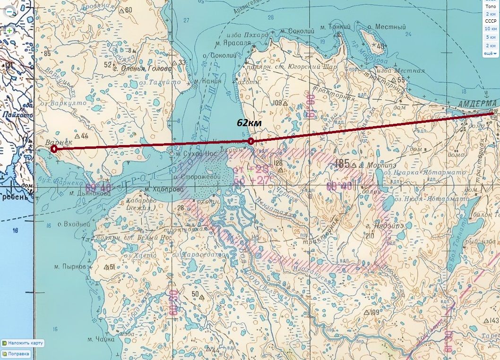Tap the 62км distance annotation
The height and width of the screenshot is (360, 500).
pos(250,123)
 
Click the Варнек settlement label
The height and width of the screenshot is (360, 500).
pos(58,142)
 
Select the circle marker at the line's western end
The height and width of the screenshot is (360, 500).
pos(54,149)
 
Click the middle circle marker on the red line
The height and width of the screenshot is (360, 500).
pos(251,141)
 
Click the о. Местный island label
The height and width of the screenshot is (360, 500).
pos(387,27)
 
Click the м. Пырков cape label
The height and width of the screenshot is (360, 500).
pos(70,267)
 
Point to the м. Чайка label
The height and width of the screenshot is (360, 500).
pos(101,339)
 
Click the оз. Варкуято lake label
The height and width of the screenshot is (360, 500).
pos(63,103)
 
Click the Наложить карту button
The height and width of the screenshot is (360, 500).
pos(23,343)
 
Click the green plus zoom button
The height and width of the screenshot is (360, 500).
pos(9,30)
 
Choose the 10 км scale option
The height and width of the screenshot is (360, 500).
pos(491,29)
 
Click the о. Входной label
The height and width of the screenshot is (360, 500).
pos(73,223)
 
